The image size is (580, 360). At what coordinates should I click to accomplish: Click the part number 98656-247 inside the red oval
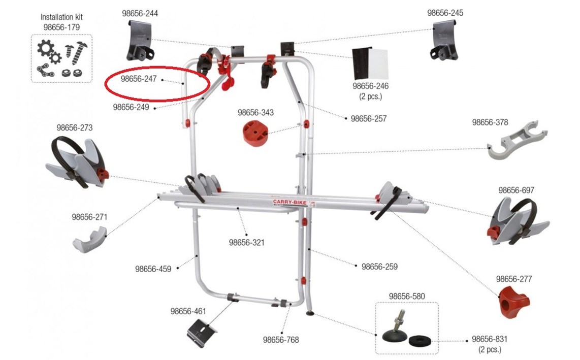point(139,79)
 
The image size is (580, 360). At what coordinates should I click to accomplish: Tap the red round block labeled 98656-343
point(255,132)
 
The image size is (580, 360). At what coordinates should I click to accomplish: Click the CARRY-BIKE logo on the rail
point(289,203)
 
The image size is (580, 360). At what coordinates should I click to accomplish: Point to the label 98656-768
point(281,340)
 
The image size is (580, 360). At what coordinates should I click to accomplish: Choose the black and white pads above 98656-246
point(370,63)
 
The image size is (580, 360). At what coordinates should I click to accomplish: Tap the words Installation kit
point(61,17)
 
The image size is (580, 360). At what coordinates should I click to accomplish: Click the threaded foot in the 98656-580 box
point(394,330)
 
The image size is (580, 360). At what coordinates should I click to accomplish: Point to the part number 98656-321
point(247,243)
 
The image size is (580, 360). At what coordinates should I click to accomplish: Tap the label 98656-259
point(379,267)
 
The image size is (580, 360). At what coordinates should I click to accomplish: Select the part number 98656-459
point(153,269)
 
